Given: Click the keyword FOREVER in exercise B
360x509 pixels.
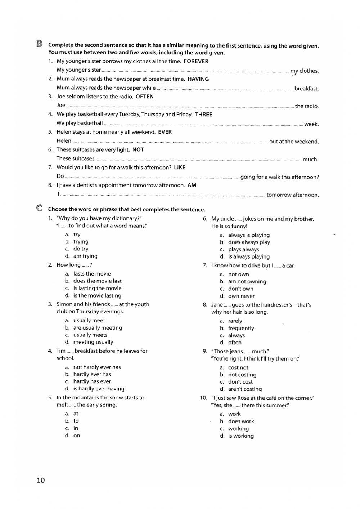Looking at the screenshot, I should pyautogui.click(x=196, y=61).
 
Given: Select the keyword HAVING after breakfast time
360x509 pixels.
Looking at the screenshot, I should pyautogui.click(x=198, y=79).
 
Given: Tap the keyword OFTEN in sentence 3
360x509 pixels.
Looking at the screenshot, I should pyautogui.click(x=144, y=97).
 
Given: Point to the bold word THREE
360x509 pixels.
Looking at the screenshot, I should pyautogui.click(x=203, y=115).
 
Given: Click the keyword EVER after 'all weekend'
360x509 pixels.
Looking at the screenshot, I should pyautogui.click(x=165, y=132).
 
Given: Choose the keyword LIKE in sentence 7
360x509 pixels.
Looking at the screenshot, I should pyautogui.click(x=180, y=167).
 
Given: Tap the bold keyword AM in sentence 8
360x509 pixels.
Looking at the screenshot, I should pyautogui.click(x=192, y=185).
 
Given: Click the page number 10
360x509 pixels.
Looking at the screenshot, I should pyautogui.click(x=41, y=480).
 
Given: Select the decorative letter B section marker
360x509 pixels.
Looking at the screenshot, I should pyautogui.click(x=39, y=44).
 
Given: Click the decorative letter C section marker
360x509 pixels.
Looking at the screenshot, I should pyautogui.click(x=39, y=209).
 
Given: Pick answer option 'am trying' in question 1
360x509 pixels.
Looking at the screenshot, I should pyautogui.click(x=85, y=256).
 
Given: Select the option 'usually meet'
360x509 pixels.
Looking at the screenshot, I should pyautogui.click(x=89, y=320).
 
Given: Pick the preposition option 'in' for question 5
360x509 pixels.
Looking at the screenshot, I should pyautogui.click(x=76, y=428).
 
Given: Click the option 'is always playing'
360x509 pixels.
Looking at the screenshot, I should pyautogui.click(x=249, y=257).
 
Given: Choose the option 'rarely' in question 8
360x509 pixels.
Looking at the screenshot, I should pyautogui.click(x=235, y=321).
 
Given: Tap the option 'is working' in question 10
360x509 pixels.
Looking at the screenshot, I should pyautogui.click(x=241, y=436).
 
